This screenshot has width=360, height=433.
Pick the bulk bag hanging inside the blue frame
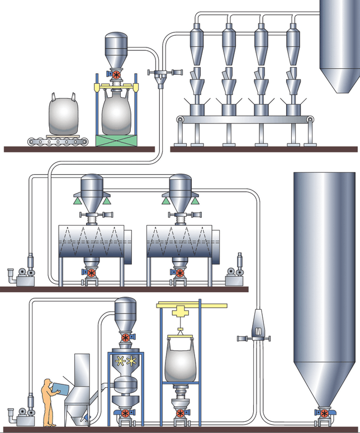click(x=181, y=360)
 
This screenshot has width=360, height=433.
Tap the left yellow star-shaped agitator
click(x=120, y=361)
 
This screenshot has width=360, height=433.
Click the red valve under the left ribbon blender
click(x=92, y=273)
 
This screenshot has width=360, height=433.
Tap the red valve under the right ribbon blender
click(x=180, y=273)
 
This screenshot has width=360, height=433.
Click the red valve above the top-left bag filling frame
click(x=116, y=75)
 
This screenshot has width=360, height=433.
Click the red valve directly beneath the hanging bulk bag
click(x=180, y=413)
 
